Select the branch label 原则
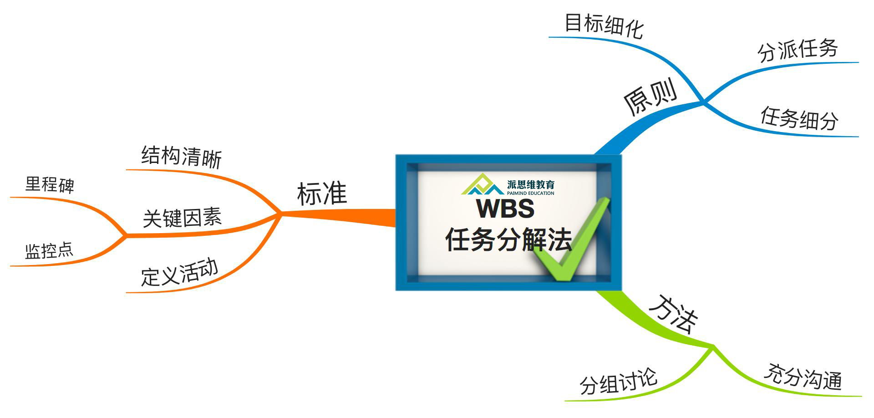click(650, 97)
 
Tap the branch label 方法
click(673, 314)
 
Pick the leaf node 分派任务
click(798, 50)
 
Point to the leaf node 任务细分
click(799, 118)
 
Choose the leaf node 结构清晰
click(181, 157)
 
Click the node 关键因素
click(182, 218)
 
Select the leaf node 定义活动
click(179, 273)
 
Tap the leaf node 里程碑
click(50, 184)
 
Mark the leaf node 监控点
click(49, 250)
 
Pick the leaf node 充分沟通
click(803, 377)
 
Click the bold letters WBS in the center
click(505, 209)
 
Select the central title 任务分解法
click(508, 239)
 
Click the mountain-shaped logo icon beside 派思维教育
click(482, 184)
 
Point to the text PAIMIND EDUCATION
click(530, 193)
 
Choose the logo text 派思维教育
click(531, 184)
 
